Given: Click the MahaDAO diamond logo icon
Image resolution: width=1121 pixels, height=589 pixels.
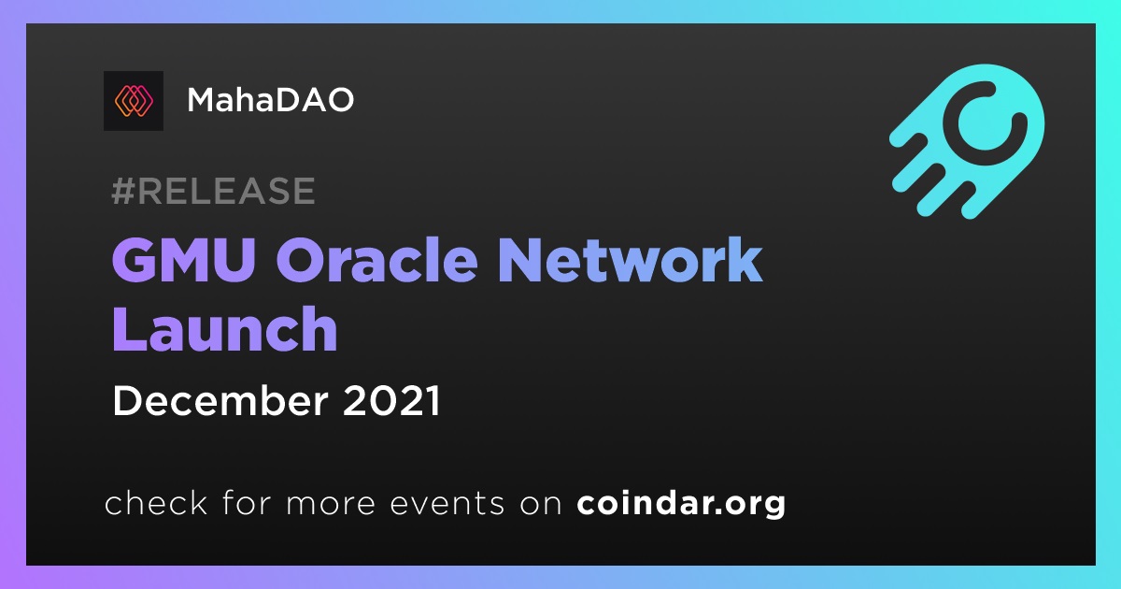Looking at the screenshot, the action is (x=134, y=101).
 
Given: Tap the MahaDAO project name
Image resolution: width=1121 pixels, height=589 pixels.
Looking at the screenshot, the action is (x=270, y=100).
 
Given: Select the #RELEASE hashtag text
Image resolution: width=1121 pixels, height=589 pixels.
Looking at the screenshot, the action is (x=213, y=191).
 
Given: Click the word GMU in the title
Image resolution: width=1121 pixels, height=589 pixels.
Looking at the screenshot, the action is (x=184, y=261).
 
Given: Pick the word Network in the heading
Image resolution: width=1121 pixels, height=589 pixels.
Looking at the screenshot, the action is (x=630, y=260).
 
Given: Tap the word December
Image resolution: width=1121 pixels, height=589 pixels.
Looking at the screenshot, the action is (x=220, y=401).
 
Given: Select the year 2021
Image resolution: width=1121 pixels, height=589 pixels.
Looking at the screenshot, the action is (x=391, y=401).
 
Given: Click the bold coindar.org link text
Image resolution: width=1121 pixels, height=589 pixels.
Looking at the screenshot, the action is (x=681, y=504).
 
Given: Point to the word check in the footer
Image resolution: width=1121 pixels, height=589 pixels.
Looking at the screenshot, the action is (x=156, y=502).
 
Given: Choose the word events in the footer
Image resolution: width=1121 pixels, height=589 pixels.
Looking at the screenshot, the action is (x=447, y=503).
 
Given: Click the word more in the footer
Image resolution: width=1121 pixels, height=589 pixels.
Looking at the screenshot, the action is (x=331, y=505).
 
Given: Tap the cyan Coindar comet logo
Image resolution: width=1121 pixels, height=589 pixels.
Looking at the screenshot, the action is (x=967, y=141).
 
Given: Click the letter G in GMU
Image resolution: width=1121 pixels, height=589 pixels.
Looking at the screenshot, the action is (x=135, y=261).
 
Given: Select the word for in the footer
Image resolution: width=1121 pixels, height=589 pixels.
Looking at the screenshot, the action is (x=247, y=502).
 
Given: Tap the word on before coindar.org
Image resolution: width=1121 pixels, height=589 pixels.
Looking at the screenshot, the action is (x=541, y=505).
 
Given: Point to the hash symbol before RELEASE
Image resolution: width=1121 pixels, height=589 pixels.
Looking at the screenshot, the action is (x=122, y=191).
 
